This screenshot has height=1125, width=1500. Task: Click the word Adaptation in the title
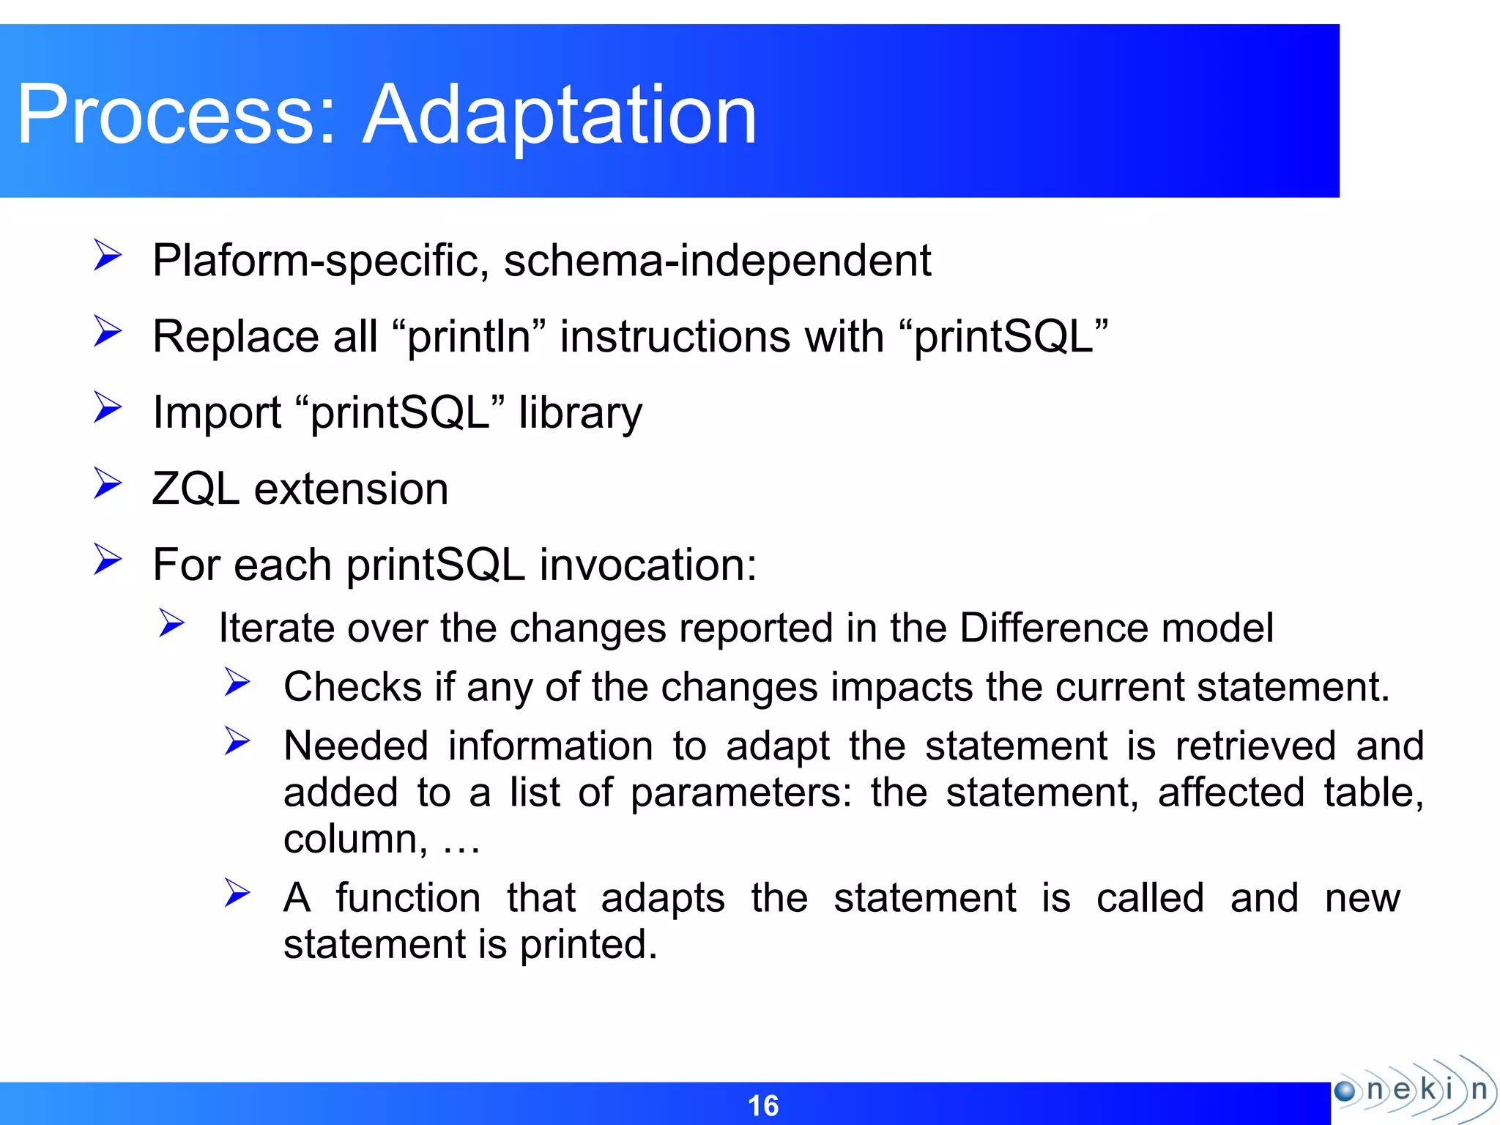point(560,115)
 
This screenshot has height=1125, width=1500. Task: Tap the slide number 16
point(762,1105)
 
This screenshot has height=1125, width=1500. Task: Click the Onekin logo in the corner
point(1413,1090)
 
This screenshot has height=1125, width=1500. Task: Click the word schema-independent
point(717,261)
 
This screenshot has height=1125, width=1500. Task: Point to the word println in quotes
point(469,337)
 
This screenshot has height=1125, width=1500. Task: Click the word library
point(580,413)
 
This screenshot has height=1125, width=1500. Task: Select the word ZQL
point(196,489)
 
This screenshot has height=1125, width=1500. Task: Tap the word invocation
point(647,565)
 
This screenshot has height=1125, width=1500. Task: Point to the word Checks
point(352,687)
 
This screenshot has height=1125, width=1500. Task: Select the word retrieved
point(1255,746)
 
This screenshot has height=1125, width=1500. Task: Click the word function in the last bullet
point(408,898)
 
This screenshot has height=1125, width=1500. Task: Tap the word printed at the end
point(588,944)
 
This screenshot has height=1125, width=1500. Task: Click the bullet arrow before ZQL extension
point(108,483)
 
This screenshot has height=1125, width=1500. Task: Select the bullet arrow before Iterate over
point(172,623)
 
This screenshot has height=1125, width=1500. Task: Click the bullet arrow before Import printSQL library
point(108,407)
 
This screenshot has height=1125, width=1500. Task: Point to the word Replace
point(235,337)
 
